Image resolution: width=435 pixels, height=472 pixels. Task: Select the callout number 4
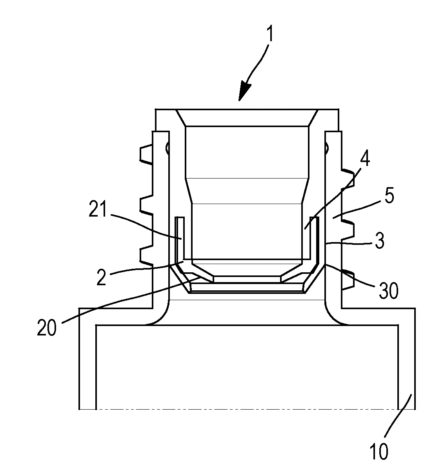365,158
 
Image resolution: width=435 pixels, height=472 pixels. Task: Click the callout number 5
389,195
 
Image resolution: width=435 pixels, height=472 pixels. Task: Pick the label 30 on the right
388,290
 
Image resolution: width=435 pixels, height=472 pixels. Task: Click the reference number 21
97,209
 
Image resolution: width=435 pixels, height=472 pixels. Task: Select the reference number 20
47,327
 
